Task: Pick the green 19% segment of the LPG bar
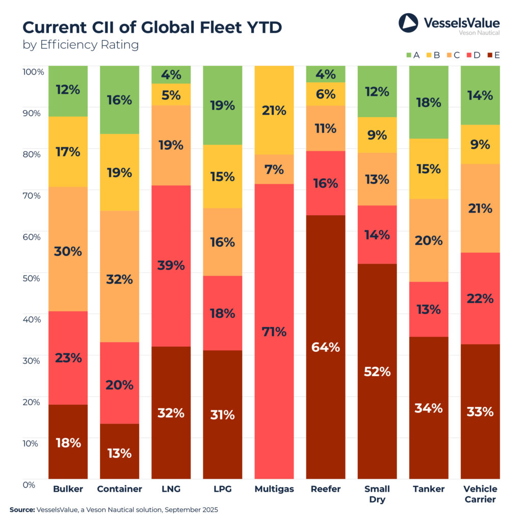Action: [223, 106]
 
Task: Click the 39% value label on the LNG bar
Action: [171, 266]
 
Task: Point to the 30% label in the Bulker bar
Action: [68, 251]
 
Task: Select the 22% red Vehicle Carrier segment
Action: [480, 298]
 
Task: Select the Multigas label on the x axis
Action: [274, 489]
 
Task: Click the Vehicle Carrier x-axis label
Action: [480, 494]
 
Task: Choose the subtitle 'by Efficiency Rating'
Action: [81, 45]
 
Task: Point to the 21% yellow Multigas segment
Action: [274, 110]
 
